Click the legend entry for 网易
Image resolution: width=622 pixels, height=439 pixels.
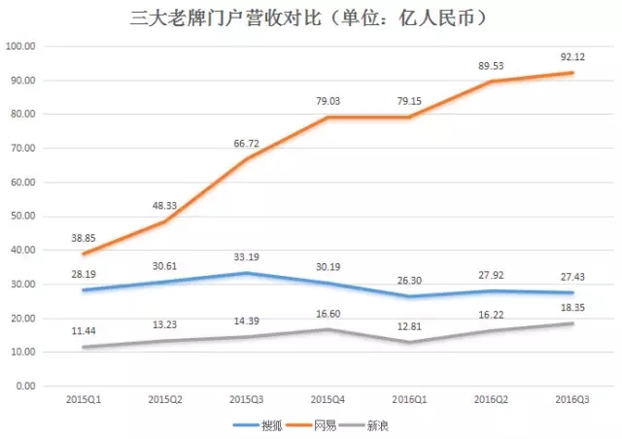[321, 424]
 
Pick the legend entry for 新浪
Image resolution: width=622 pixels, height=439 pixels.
[382, 424]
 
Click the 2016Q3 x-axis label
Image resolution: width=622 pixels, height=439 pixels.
[570, 398]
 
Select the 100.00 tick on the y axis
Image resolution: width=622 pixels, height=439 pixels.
[21, 47]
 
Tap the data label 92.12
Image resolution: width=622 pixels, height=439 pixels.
[570, 56]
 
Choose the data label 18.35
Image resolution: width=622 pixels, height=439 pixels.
[570, 307]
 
